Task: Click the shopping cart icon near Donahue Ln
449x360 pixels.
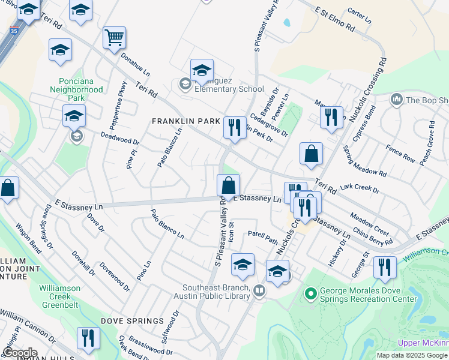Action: coord(114,38)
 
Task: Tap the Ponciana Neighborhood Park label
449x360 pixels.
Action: coord(81,89)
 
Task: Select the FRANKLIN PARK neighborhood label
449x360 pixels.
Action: coord(185,121)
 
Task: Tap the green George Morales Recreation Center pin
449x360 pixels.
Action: coord(310,294)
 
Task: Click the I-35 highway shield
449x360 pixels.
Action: coord(13,29)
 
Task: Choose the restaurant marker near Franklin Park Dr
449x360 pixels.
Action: coord(235,128)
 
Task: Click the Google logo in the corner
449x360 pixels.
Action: coord(19,353)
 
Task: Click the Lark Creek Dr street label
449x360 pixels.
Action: coord(360,189)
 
